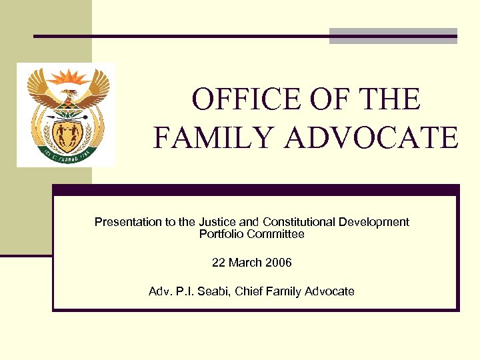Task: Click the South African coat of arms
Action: tap(66, 115)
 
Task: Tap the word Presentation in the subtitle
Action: tap(127, 222)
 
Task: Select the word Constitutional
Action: tap(299, 222)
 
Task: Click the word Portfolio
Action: tap(221, 234)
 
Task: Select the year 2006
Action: tap(278, 263)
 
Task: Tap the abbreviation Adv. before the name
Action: tap(160, 291)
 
